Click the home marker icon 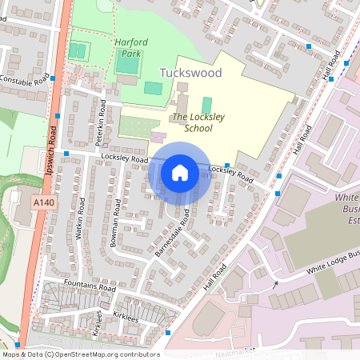coord(180,172)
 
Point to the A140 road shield coord(43,204)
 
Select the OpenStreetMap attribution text coord(81,354)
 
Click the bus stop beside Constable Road coord(53,78)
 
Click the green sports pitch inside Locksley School coord(207,105)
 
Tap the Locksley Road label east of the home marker coord(230,174)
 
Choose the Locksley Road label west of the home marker coord(125,159)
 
